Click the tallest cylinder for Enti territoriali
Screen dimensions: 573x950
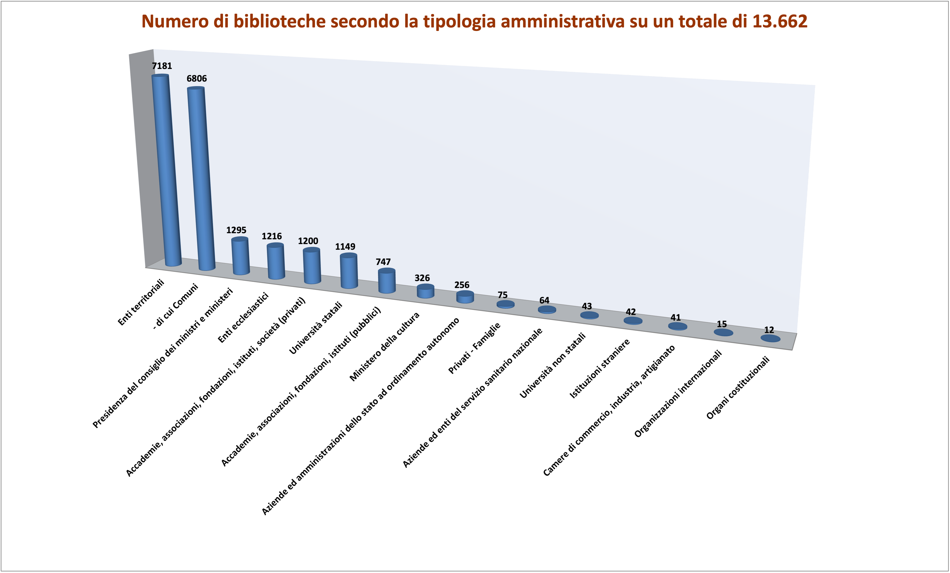[167, 170]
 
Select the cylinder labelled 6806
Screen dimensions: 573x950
[201, 177]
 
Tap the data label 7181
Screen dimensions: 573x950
[162, 66]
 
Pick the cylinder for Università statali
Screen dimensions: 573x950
[349, 271]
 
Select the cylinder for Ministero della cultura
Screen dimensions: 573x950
[426, 291]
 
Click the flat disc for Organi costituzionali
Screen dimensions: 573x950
[770, 338]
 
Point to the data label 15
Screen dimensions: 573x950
[722, 324]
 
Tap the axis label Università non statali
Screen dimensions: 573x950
[553, 365]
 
